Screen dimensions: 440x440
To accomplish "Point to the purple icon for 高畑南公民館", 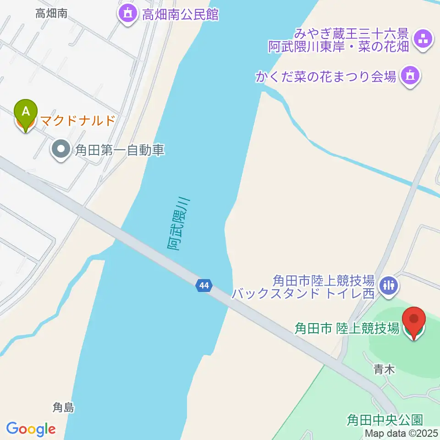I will tap(127, 14).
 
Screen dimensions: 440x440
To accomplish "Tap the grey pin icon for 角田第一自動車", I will tap(60, 149).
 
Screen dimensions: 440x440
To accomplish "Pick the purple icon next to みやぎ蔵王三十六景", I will tap(422, 39).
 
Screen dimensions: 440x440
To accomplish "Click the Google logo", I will tap(31, 429).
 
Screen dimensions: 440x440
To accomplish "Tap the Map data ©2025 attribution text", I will tap(402, 433).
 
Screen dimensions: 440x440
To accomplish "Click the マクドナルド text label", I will tap(77, 121).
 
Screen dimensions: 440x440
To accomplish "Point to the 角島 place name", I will tap(63, 407).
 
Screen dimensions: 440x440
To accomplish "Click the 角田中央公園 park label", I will tap(384, 419).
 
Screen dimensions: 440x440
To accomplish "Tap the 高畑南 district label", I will tap(51, 14).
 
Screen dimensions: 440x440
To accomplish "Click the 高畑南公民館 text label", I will tap(180, 15).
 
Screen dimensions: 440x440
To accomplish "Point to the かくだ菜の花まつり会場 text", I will tap(326, 77).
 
